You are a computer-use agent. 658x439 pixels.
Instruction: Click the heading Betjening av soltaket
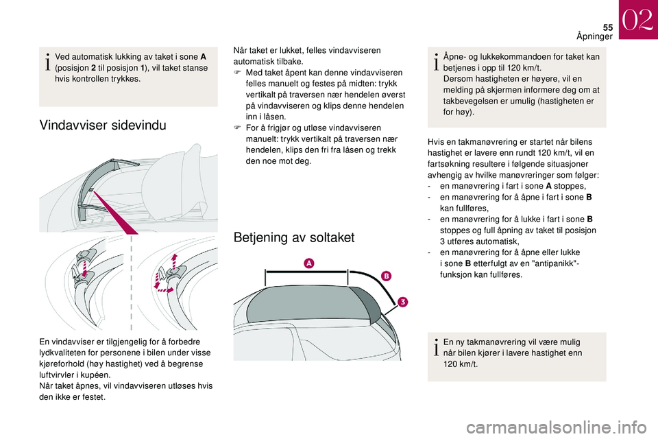pyautogui.click(x=294, y=238)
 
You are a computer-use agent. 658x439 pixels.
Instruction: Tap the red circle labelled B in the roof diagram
pyautogui.click(x=386, y=276)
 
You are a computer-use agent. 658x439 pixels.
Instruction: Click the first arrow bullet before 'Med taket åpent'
pyautogui.click(x=237, y=73)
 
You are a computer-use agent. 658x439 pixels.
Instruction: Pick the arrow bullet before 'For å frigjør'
pyautogui.click(x=237, y=128)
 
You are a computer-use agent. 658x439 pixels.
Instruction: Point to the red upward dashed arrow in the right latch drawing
pyautogui.click(x=174, y=263)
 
